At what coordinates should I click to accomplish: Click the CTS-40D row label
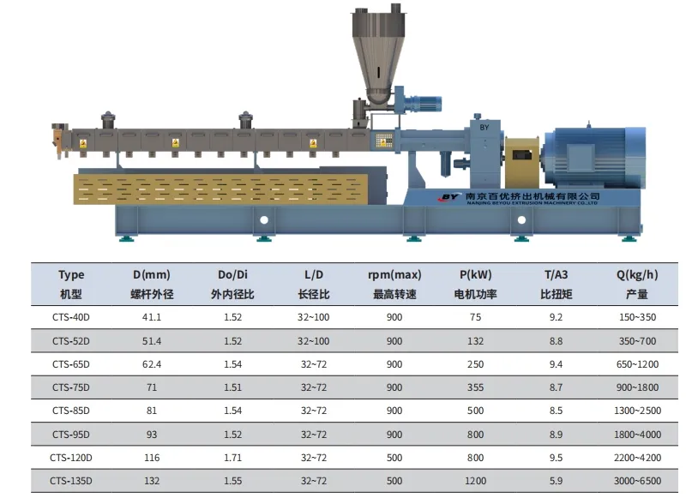pos(71,317)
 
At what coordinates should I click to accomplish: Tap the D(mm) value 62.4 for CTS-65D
pos(152,364)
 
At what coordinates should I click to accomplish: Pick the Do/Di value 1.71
pos(233,458)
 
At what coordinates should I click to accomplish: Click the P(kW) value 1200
pos(475,481)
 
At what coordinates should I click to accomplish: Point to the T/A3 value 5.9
pos(556,481)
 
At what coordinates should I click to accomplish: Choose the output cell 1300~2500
pos(637,411)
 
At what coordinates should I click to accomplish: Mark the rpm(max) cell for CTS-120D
pos(394,458)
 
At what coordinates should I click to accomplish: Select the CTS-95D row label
pos(71,435)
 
